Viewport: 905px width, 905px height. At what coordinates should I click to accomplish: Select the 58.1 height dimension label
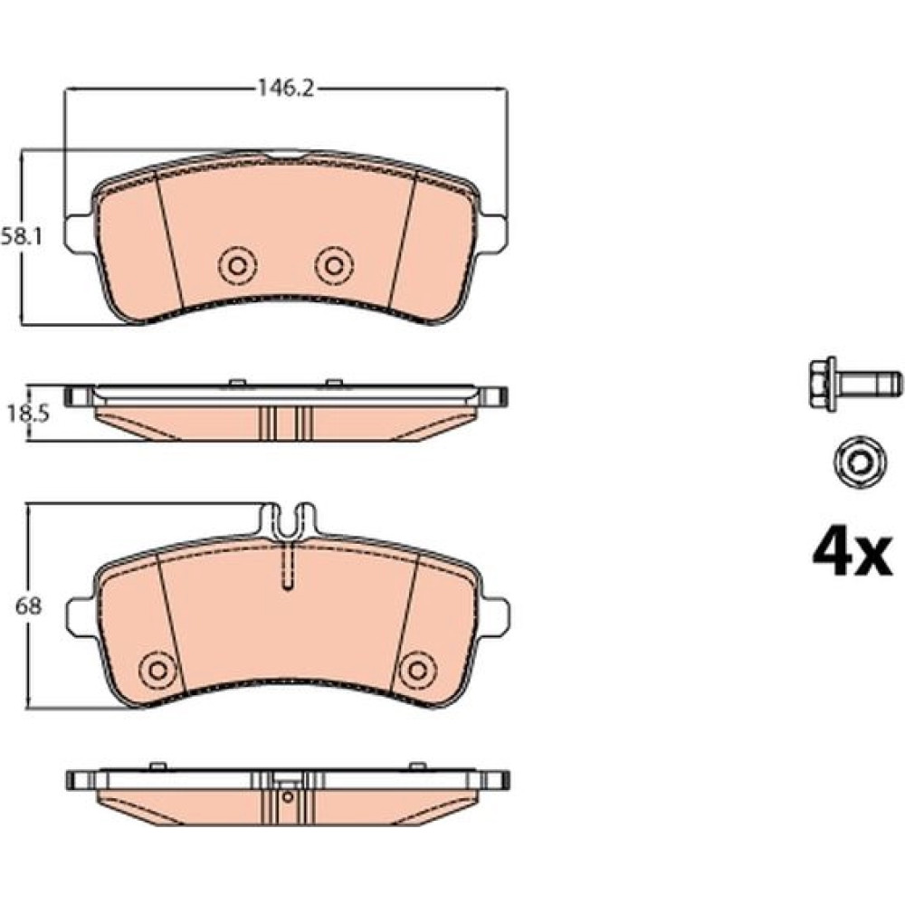[x=22, y=236]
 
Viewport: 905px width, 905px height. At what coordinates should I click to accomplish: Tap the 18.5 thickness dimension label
[x=28, y=414]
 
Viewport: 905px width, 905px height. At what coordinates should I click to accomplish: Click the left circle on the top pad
[x=237, y=265]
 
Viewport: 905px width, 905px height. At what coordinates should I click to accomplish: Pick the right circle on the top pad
[x=334, y=265]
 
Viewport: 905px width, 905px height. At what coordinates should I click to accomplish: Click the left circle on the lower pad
[x=158, y=671]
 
